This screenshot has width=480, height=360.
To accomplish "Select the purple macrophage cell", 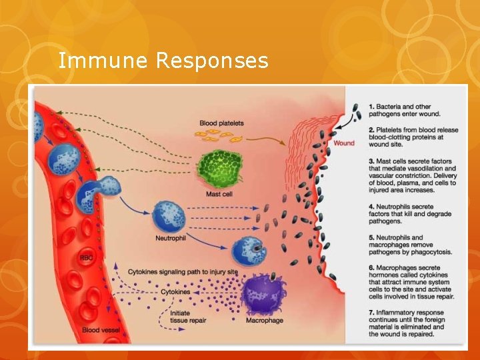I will tap(264, 293).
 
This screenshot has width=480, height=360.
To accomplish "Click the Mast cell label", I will tap(219, 194).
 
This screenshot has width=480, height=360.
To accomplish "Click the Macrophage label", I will tap(265, 321).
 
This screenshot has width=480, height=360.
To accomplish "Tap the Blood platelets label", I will tap(221, 123).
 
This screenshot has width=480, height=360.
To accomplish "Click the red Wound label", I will tap(344, 143).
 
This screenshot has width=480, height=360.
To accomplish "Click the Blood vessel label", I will tap(101, 329).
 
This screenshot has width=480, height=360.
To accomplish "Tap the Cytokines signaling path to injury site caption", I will tap(182, 272).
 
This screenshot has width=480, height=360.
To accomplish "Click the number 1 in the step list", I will tap(371, 106).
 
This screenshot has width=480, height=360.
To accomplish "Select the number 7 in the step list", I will tap(371, 312).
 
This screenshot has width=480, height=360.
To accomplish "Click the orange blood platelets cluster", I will tap(217, 137).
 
